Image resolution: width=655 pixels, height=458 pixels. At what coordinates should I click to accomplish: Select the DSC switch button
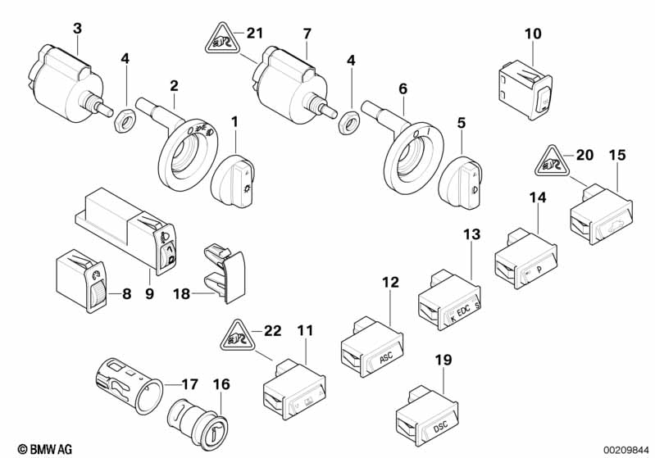click(x=424, y=419)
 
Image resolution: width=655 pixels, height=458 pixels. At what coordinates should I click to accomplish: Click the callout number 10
click(x=533, y=34)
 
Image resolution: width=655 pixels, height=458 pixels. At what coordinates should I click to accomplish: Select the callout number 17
click(x=189, y=383)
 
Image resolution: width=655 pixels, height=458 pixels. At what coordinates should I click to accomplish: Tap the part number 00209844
click(x=626, y=448)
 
